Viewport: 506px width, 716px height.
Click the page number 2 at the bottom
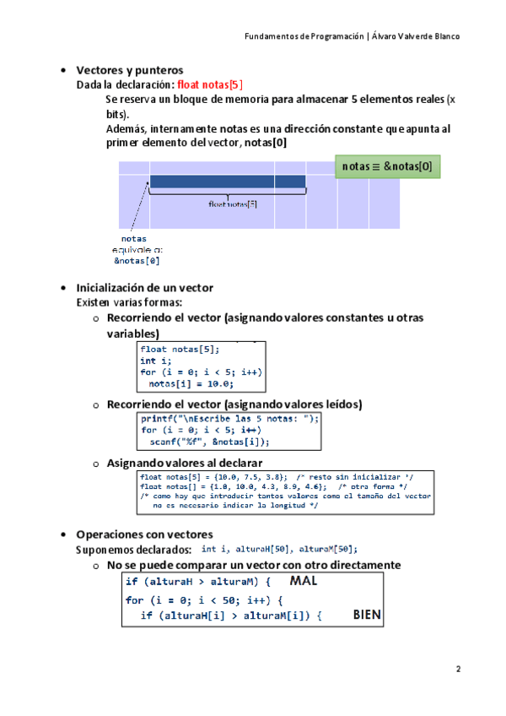(x=458, y=670)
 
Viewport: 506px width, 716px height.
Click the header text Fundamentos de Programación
(x=304, y=36)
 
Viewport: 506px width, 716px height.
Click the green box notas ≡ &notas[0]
(x=387, y=167)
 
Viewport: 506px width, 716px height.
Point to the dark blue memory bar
(x=228, y=182)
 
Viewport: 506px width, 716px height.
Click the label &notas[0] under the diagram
(x=137, y=261)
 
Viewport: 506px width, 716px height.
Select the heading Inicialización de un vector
(x=144, y=287)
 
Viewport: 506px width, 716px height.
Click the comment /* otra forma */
(x=372, y=486)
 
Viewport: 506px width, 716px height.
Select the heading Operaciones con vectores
(x=144, y=534)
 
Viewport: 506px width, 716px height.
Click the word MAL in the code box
(x=306, y=582)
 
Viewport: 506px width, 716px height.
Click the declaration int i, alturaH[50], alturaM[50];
(x=280, y=549)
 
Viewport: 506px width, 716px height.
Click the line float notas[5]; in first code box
(x=180, y=349)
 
